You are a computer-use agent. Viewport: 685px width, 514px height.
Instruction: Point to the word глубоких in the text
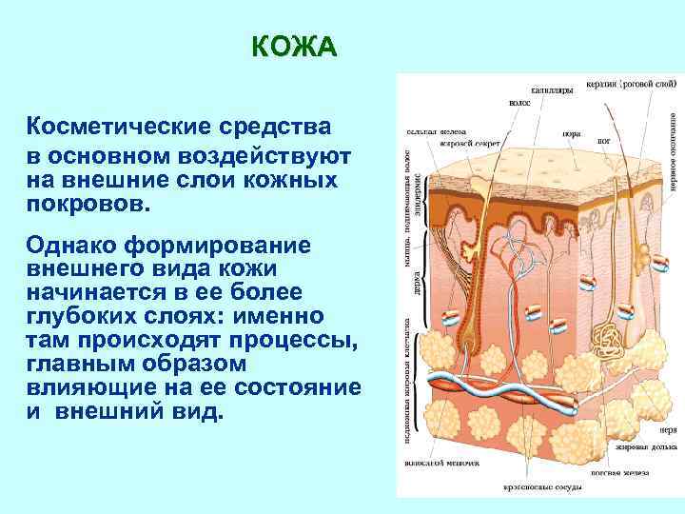coord(93,315)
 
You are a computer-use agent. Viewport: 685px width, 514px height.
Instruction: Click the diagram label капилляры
coord(552,91)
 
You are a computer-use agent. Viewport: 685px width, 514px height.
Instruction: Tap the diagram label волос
coord(520,102)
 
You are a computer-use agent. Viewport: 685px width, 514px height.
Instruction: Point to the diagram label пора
coord(572,134)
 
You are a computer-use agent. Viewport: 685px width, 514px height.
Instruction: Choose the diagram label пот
coord(603,141)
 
